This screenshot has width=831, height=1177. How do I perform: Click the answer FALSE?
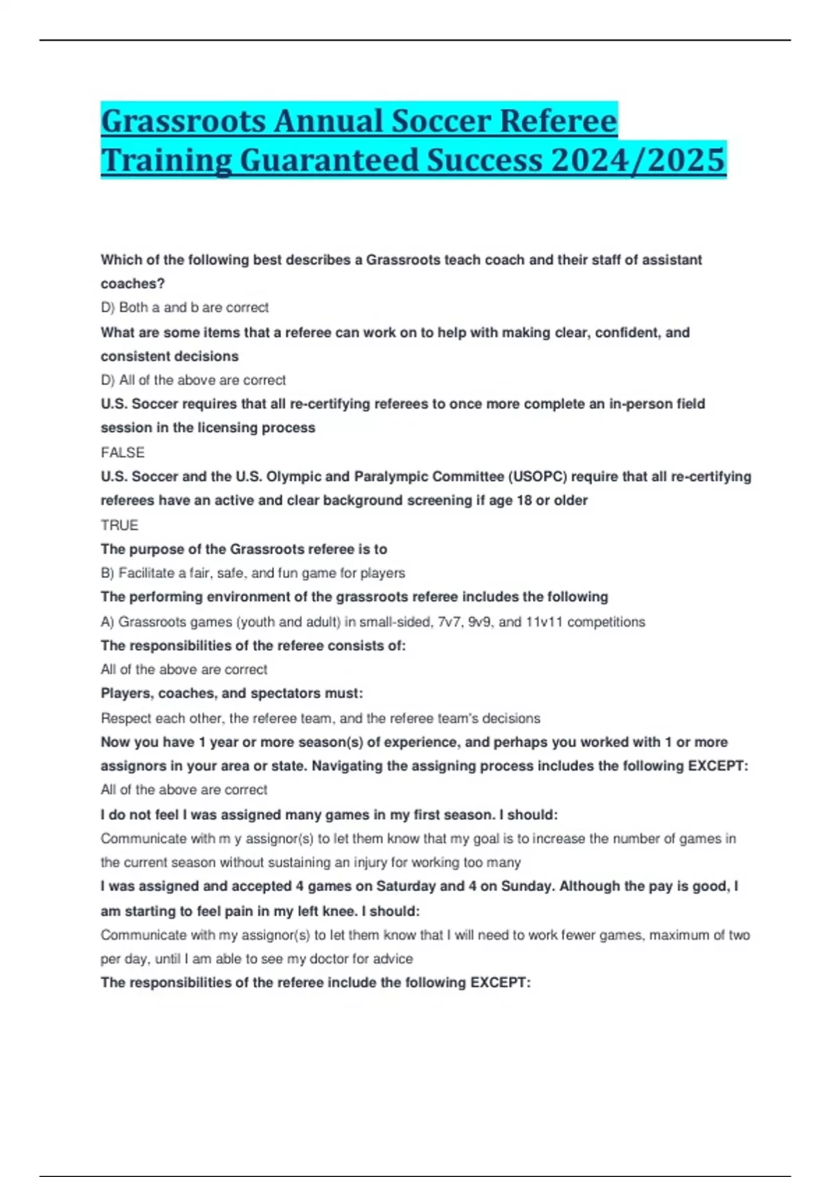pyautogui.click(x=123, y=452)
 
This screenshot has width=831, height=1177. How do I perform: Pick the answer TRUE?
pyautogui.click(x=119, y=525)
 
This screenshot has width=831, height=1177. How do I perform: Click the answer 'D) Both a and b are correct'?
pyautogui.click(x=184, y=307)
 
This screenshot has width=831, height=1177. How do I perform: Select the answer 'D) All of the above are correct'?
pyautogui.click(x=193, y=380)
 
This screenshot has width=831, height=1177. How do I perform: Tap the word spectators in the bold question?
pyautogui.click(x=284, y=693)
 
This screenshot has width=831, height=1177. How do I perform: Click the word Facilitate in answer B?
pyautogui.click(x=148, y=573)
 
